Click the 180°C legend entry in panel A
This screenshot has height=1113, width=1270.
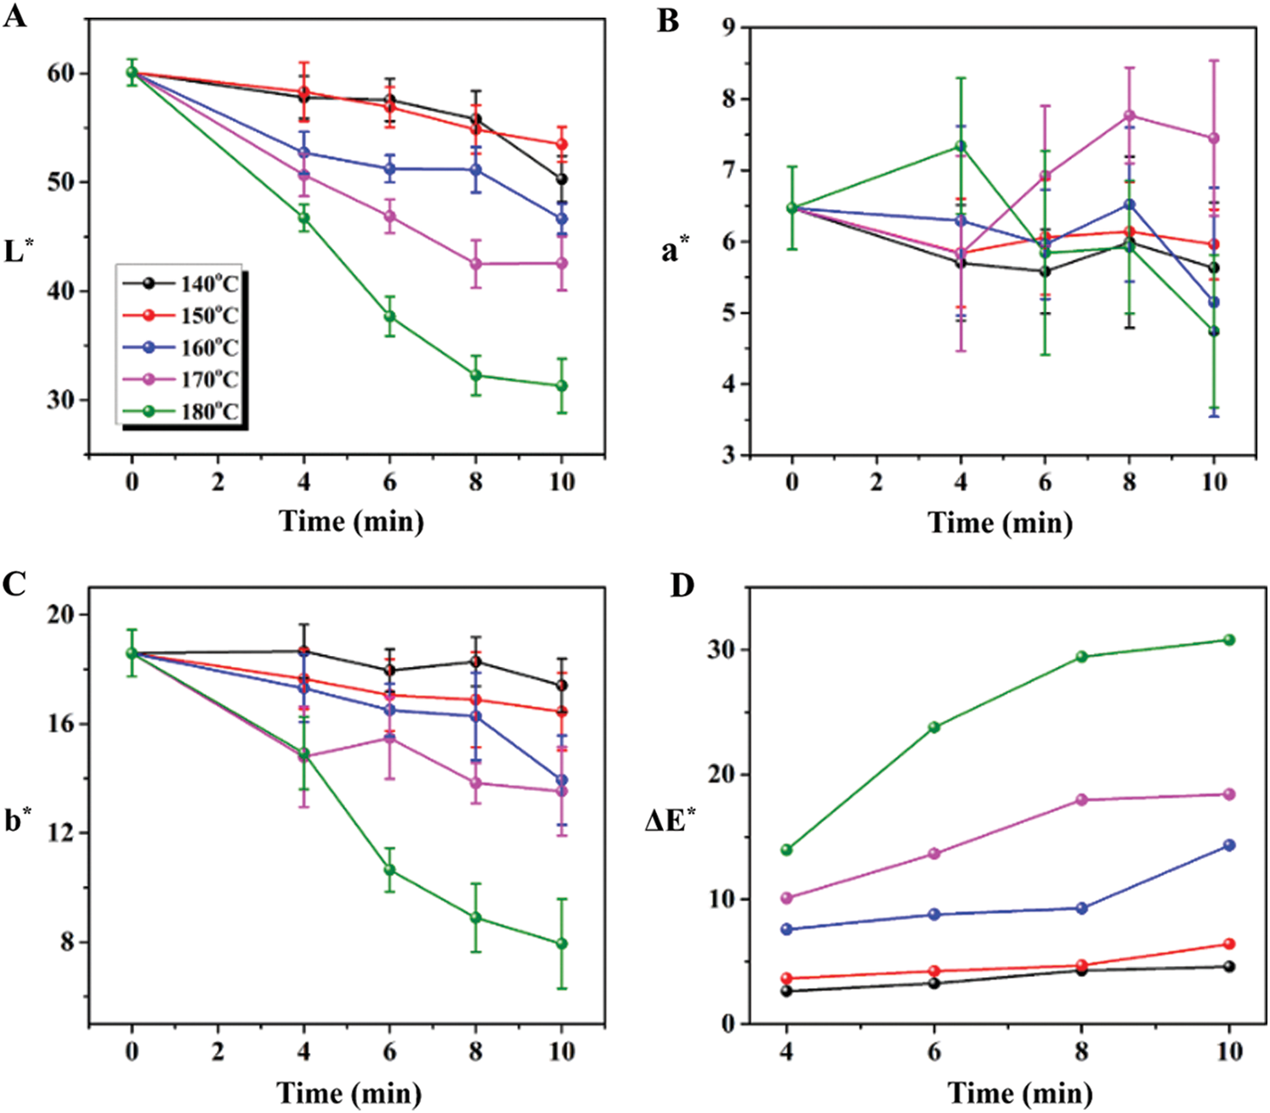pyautogui.click(x=181, y=411)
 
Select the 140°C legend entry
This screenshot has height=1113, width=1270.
pyautogui.click(x=181, y=283)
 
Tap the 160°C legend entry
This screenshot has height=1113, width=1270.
pyautogui.click(x=181, y=347)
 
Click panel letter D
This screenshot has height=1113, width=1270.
pyautogui.click(x=682, y=585)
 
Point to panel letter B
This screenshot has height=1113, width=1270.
pyautogui.click(x=669, y=20)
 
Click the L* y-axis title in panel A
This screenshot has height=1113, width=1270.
pyautogui.click(x=18, y=251)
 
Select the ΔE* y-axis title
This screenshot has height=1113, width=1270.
pyautogui.click(x=672, y=822)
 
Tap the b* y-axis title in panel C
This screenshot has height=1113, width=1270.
pyautogui.click(x=19, y=821)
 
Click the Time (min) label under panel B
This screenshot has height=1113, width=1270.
pyautogui.click(x=1000, y=523)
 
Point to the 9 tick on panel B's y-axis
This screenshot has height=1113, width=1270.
pyautogui.click(x=728, y=27)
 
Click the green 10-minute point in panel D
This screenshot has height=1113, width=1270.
pyautogui.click(x=1229, y=640)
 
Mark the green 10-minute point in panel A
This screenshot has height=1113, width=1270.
pyautogui.click(x=562, y=386)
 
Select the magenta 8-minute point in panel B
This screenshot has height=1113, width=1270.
pyautogui.click(x=1130, y=115)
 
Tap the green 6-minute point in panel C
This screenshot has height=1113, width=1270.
pyautogui.click(x=389, y=870)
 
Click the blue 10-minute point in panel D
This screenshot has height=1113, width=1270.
pyautogui.click(x=1229, y=845)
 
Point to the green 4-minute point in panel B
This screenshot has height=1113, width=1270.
pyautogui.click(x=961, y=146)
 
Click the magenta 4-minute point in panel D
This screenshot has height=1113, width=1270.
pyautogui.click(x=786, y=898)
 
